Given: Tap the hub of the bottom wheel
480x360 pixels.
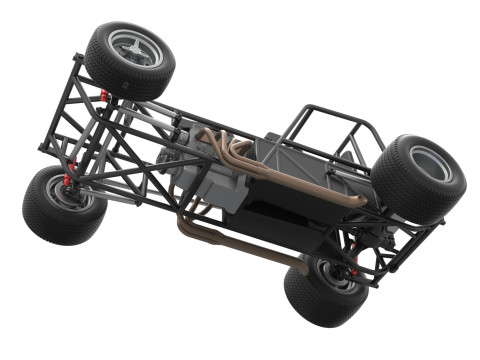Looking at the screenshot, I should pos(325,276).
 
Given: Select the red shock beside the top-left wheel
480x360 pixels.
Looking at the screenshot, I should pos(104,97).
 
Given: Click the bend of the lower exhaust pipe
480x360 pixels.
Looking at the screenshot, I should pos(186,229).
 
